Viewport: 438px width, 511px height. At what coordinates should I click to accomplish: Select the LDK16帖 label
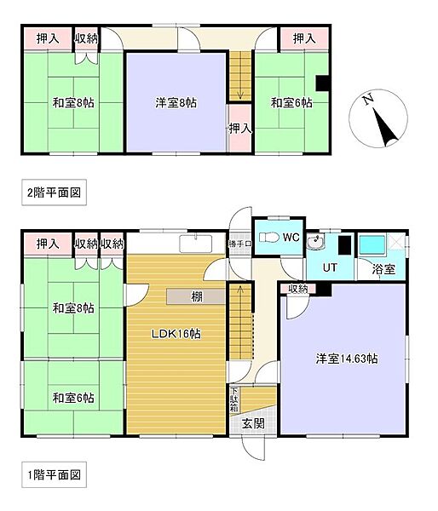point(176,334)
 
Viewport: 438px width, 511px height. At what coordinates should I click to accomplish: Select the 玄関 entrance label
point(252,422)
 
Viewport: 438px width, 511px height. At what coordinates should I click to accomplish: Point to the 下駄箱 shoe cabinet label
point(234,400)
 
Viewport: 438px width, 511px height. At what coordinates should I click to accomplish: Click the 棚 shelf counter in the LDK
point(196,296)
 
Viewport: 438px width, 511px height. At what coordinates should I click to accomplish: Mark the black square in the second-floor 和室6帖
point(323,82)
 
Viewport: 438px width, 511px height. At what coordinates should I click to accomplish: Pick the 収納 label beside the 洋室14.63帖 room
point(297,290)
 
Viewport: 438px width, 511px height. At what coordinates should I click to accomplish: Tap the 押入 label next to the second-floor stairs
point(239,128)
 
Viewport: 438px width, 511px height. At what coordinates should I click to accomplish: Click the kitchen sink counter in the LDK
point(194,244)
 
